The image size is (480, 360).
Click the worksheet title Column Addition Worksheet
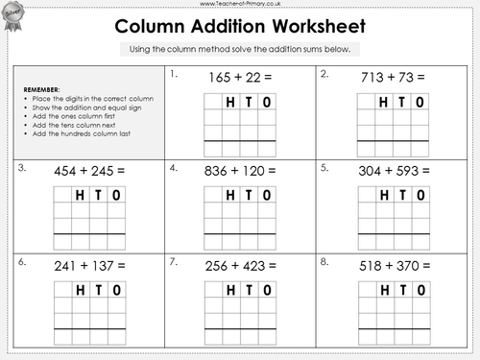coord(240,24)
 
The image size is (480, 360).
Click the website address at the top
coord(240,4)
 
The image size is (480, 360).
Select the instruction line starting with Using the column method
coord(240,49)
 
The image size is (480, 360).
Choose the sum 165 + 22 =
coord(240,76)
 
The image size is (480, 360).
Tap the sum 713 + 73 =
coord(394,76)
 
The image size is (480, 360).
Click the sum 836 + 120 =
coord(240,170)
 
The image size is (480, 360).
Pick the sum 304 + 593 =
coord(394,170)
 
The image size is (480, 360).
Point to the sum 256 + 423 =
coord(240,264)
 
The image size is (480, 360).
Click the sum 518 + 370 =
coord(394,264)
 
